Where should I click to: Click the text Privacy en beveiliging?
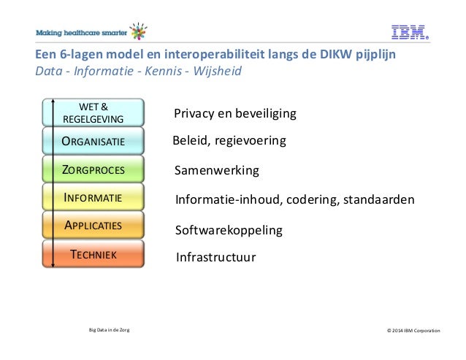click(x=234, y=114)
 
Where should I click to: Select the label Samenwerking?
click(x=218, y=171)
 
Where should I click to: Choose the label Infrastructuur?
click(x=216, y=257)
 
